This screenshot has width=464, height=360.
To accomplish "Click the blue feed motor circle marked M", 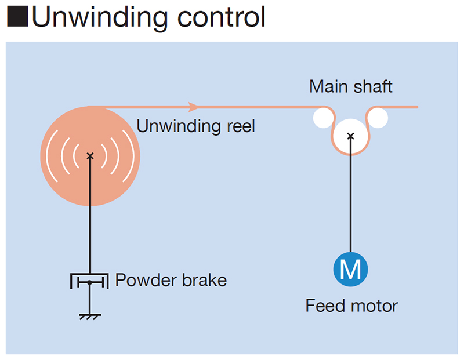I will pos(350,269).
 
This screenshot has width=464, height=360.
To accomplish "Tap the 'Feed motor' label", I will pos(351,306).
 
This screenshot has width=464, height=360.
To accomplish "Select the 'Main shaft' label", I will pos(350,87).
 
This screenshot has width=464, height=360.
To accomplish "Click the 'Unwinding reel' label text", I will pos(195,126).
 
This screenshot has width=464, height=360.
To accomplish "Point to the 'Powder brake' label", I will pos(171,281).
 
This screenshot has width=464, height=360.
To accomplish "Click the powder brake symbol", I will pos(89,282).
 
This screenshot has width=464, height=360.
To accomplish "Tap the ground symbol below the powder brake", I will pos(89,316).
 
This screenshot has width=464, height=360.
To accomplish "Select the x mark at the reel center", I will pos(90,155).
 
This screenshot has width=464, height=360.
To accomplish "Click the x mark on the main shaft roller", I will pos(350,136).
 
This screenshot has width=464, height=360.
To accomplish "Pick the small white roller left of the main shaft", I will pos(324,118).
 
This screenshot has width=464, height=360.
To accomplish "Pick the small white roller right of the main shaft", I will pos(378,118).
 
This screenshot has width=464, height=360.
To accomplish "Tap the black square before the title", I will pos(17,18).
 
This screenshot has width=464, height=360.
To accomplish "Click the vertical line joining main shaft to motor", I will pos(350,197).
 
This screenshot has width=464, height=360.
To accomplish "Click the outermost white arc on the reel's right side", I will pos(132,155).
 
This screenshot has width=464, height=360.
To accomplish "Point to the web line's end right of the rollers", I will pos(416,107).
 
